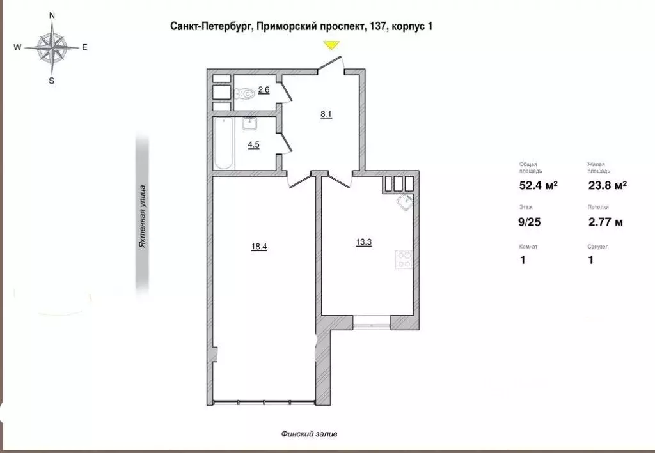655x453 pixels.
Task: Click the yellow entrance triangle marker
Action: pos(331,45)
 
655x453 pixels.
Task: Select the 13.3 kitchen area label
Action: pos(363,242)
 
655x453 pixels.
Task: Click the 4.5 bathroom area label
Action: pos(254,144)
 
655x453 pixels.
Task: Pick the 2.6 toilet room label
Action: pos(264,90)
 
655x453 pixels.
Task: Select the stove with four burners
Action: pos(404,259)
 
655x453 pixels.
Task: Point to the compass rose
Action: pos(52,47)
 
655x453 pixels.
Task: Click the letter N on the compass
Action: pos(52,14)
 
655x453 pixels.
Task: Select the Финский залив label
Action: pos(309,434)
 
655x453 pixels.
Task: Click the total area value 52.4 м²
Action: pos(538,186)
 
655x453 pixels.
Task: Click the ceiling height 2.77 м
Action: pos(605,222)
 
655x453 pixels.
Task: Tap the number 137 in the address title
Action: pos(375,26)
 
